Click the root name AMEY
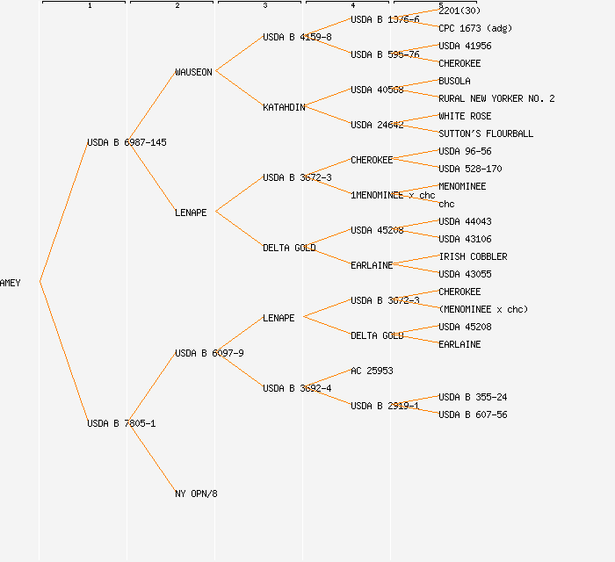(11, 283)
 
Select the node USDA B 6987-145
(127, 142)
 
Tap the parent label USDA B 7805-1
(121, 423)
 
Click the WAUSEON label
(193, 72)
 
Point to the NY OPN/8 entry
(196, 494)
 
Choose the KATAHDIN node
(284, 107)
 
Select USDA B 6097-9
(209, 353)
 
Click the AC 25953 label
(372, 371)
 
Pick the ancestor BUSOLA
(454, 81)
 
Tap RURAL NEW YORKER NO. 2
(496, 98)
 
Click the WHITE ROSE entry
(465, 116)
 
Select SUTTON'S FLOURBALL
(486, 133)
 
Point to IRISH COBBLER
(473, 256)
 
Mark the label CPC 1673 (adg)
(475, 28)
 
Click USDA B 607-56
(473, 414)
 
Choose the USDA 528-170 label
(470, 169)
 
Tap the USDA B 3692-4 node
(297, 388)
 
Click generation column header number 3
(264, 6)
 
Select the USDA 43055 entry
(465, 274)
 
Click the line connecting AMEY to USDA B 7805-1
(63, 352)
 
